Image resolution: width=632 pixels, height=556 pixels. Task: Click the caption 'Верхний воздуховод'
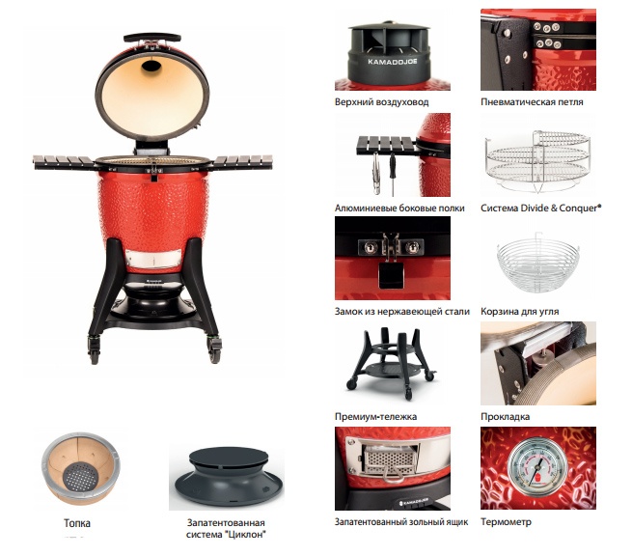point(381,102)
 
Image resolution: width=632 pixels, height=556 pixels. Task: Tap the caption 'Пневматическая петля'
point(532,102)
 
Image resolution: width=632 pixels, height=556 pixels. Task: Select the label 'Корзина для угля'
point(519,311)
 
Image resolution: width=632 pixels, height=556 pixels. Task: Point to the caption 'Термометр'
point(506,521)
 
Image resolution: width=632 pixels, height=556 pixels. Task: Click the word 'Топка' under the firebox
point(77,523)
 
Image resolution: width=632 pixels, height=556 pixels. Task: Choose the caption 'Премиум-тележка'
point(375,416)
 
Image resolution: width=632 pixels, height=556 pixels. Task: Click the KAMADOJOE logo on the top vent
point(392,62)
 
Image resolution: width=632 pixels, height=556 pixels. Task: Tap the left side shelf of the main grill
point(65,162)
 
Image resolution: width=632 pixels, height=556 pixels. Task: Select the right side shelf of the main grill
point(241,162)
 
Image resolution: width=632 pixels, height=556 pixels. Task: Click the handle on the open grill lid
point(151,38)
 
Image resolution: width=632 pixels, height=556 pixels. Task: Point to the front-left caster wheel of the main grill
point(94,350)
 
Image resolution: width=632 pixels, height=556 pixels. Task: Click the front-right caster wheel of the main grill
point(214,349)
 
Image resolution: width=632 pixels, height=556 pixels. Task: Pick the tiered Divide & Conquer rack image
point(538,161)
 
